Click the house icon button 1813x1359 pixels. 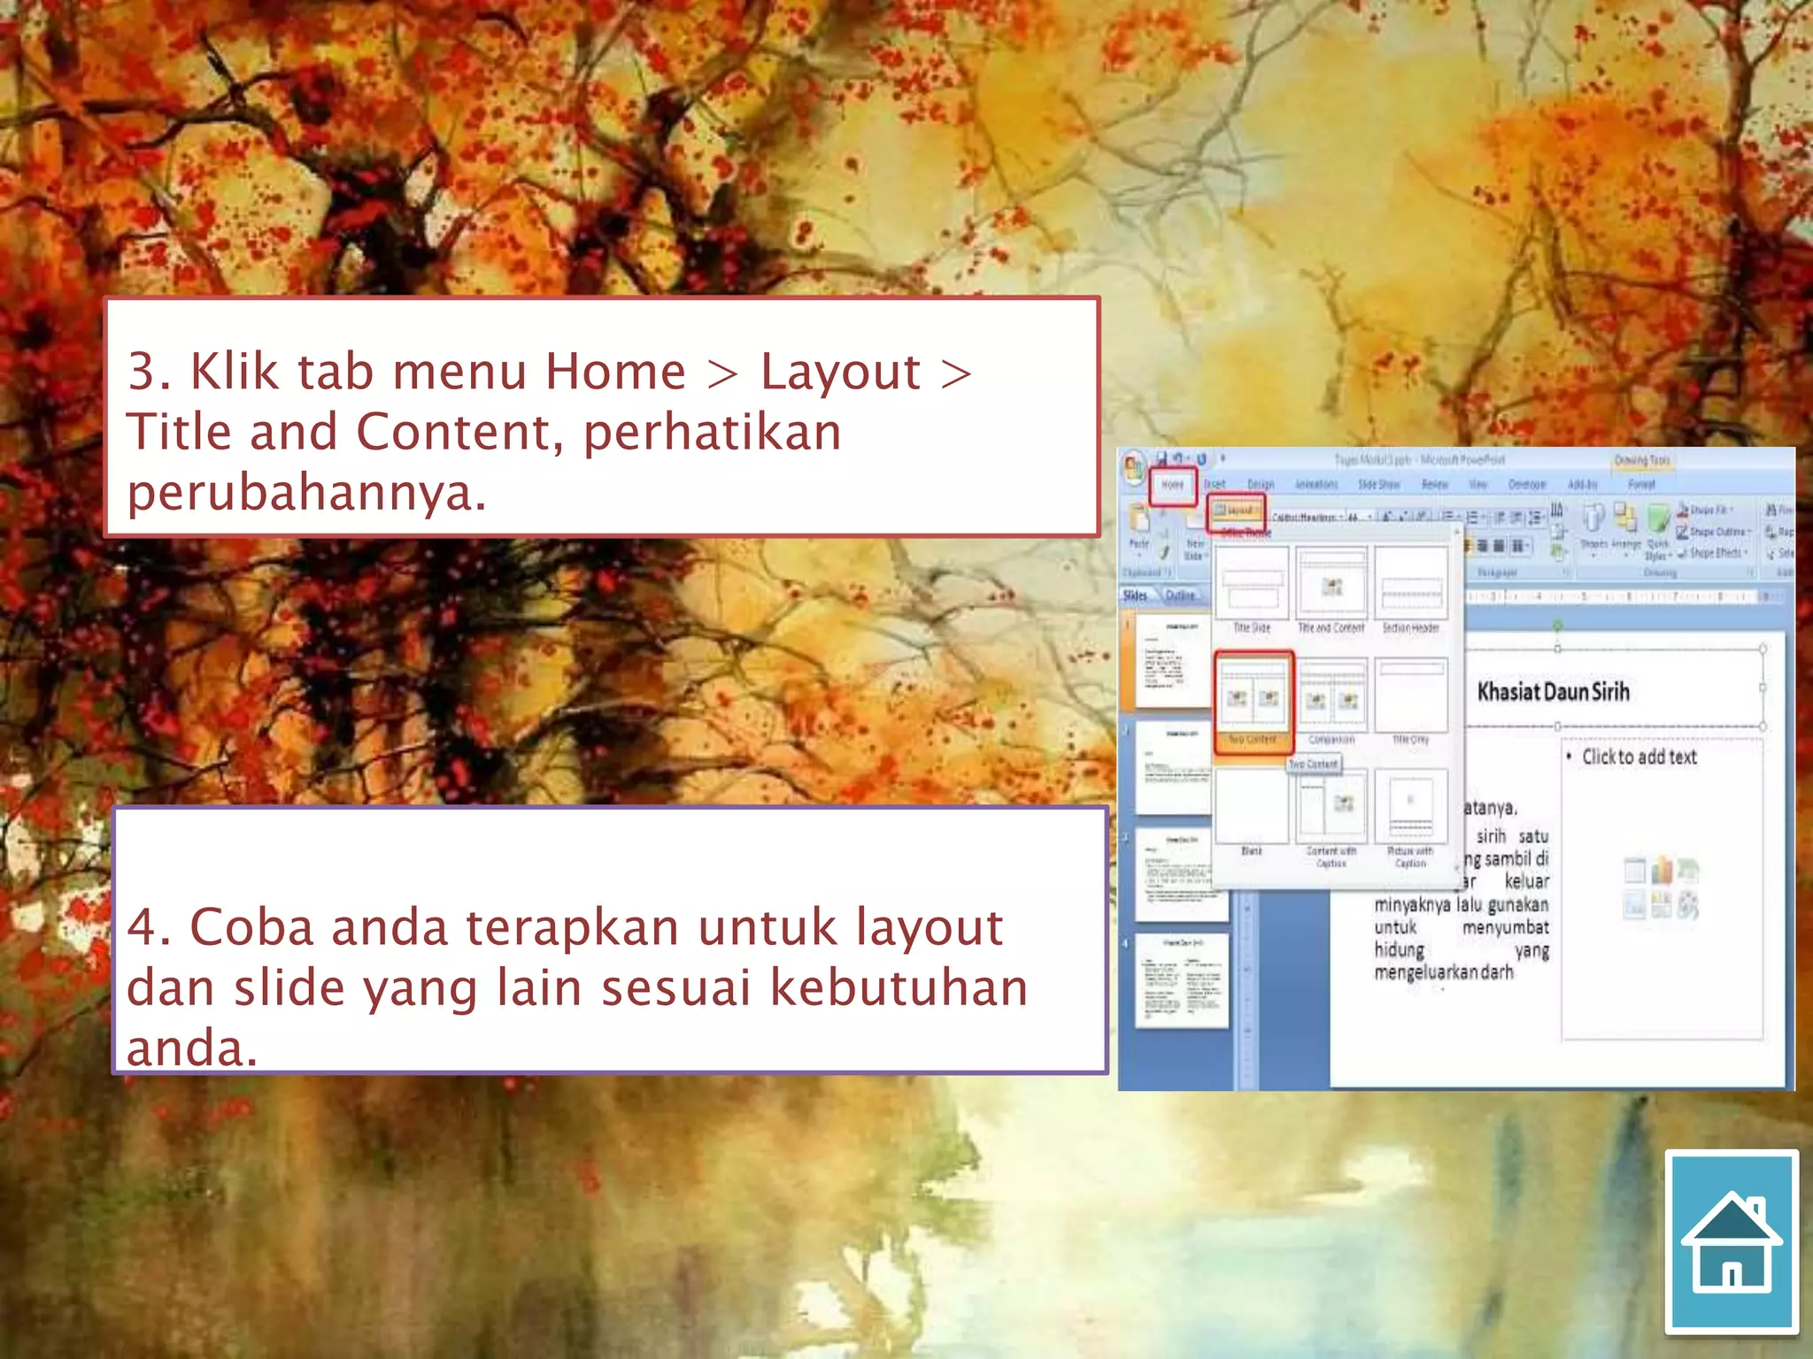click(1732, 1241)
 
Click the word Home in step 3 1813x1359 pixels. click(615, 372)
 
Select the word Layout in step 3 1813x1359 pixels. click(840, 372)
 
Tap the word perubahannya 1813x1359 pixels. click(306, 493)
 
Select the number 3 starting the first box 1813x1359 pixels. click(147, 372)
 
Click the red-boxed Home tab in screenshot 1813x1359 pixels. click(1173, 485)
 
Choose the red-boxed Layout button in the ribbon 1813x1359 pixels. click(1237, 511)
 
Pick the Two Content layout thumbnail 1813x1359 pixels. click(1253, 699)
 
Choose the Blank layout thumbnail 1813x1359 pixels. click(1252, 807)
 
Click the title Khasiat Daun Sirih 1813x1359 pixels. click(1553, 692)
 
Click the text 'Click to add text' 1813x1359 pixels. click(1639, 757)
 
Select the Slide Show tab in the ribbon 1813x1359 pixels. click(1378, 485)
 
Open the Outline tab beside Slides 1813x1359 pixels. click(1180, 595)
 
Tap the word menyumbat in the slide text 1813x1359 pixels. click(1505, 928)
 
